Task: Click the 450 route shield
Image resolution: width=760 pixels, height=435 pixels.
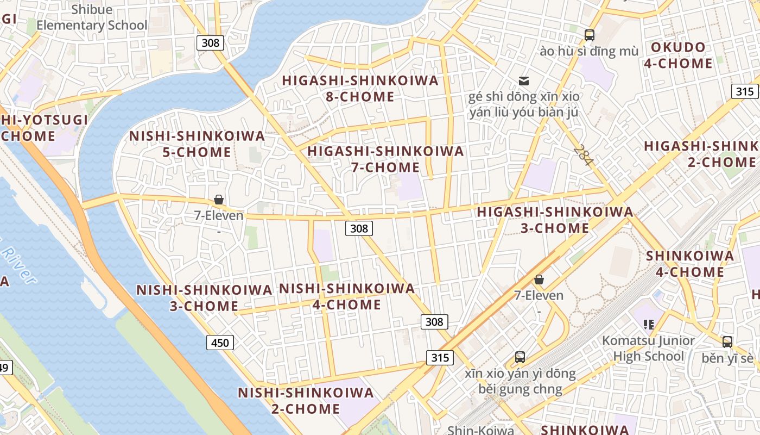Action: coord(220,343)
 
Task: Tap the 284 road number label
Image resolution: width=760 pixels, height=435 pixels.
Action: coord(584,156)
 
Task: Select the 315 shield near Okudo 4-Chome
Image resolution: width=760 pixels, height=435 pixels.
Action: coord(745,91)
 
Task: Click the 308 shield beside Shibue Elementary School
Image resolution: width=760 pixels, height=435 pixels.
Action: coord(210,42)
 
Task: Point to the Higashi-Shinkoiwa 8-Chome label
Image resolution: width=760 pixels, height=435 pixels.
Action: coord(360,89)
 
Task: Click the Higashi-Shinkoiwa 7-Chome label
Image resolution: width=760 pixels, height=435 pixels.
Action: coord(385,159)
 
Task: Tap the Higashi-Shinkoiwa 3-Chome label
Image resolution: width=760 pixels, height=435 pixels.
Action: coord(555,220)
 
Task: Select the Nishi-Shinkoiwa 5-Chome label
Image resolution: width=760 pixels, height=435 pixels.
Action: coord(197,144)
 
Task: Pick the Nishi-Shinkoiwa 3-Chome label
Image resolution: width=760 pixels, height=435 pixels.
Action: coord(204,298)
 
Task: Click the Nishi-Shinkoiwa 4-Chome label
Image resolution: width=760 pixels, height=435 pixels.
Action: coord(347,296)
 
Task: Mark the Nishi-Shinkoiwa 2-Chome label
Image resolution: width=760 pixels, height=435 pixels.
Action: coord(306,400)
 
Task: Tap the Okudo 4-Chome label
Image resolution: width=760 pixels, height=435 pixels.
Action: coord(678,55)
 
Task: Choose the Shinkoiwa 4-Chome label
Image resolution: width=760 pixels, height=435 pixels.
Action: coord(689,264)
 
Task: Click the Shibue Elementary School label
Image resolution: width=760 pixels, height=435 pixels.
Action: coord(92,17)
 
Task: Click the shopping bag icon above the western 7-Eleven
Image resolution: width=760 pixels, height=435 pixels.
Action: coord(219,200)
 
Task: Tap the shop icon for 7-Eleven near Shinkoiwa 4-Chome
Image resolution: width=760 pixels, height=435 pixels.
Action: coord(539,279)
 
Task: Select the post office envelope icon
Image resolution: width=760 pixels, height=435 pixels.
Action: coord(524,80)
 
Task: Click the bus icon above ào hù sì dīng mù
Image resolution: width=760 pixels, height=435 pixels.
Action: coord(589,35)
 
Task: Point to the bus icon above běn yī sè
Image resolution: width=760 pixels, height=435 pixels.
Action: coord(727,342)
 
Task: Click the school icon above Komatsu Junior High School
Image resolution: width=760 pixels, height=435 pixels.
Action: coord(648,325)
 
